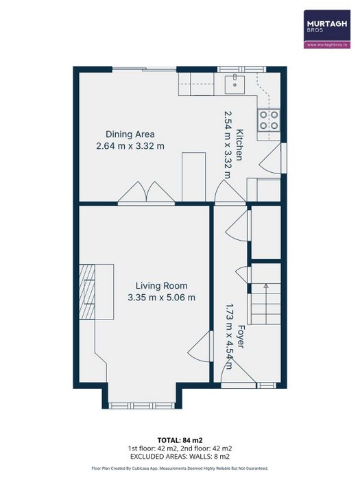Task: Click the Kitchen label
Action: point(239,145)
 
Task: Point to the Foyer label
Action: point(241,337)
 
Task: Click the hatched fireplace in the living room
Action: point(88,293)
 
